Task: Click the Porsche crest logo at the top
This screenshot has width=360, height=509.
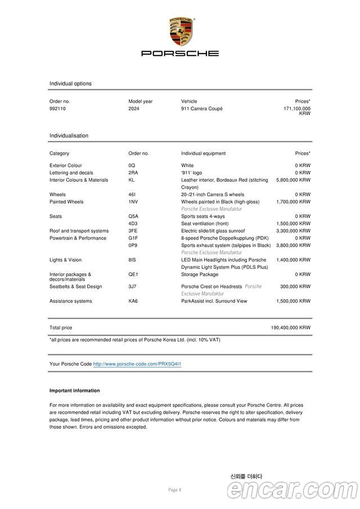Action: pyautogui.click(x=180, y=31)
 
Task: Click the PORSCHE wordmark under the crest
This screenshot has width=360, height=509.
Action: pyautogui.click(x=180, y=53)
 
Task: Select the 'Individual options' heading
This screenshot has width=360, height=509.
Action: pyautogui.click(x=70, y=84)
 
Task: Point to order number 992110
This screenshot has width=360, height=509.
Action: pyautogui.click(x=57, y=109)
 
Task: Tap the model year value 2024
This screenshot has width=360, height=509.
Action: pyautogui.click(x=134, y=109)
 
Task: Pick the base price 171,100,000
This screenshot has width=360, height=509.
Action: pyautogui.click(x=296, y=109)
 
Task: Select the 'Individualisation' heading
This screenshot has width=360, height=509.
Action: pyautogui.click(x=69, y=136)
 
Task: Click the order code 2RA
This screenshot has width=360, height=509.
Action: pyautogui.click(x=133, y=173)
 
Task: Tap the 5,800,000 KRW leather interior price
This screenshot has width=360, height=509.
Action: pyautogui.click(x=293, y=180)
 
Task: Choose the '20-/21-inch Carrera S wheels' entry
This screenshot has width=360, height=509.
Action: pyautogui.click(x=213, y=195)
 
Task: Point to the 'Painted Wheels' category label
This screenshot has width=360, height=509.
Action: pyautogui.click(x=66, y=201)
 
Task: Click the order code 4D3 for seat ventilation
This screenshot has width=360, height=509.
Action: pyautogui.click(x=133, y=223)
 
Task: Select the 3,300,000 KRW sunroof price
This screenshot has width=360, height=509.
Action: pyautogui.click(x=293, y=231)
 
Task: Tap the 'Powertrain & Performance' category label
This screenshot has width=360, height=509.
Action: pyautogui.click(x=78, y=238)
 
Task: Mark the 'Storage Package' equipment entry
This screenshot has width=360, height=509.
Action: pyautogui.click(x=200, y=274)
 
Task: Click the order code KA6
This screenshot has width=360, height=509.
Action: pyautogui.click(x=133, y=301)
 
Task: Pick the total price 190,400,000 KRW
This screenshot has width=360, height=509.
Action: pyautogui.click(x=290, y=327)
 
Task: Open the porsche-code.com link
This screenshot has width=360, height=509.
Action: pyautogui.click(x=137, y=364)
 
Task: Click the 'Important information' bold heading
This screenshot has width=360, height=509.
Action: pyautogui.click(x=74, y=390)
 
